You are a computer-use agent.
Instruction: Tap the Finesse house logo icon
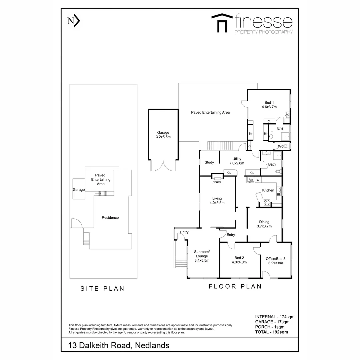[222, 23]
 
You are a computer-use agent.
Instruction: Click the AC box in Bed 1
[287, 115]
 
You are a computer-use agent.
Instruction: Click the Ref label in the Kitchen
[251, 180]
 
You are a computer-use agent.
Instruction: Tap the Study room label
[209, 162]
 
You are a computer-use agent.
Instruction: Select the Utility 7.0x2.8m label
[237, 161]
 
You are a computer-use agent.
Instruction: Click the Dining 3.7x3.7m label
[264, 224]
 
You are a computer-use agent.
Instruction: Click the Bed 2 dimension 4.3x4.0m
[239, 262]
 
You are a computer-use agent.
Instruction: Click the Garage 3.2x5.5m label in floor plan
[163, 135]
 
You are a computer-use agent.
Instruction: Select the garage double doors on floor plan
[163, 166]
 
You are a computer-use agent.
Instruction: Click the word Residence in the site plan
[110, 218]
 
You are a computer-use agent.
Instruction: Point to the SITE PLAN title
[102, 289]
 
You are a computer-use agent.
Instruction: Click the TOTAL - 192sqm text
[272, 332]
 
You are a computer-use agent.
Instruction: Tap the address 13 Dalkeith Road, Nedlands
[119, 345]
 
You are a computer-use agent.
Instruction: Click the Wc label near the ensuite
[281, 146]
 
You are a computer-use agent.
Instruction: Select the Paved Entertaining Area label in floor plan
[210, 112]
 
